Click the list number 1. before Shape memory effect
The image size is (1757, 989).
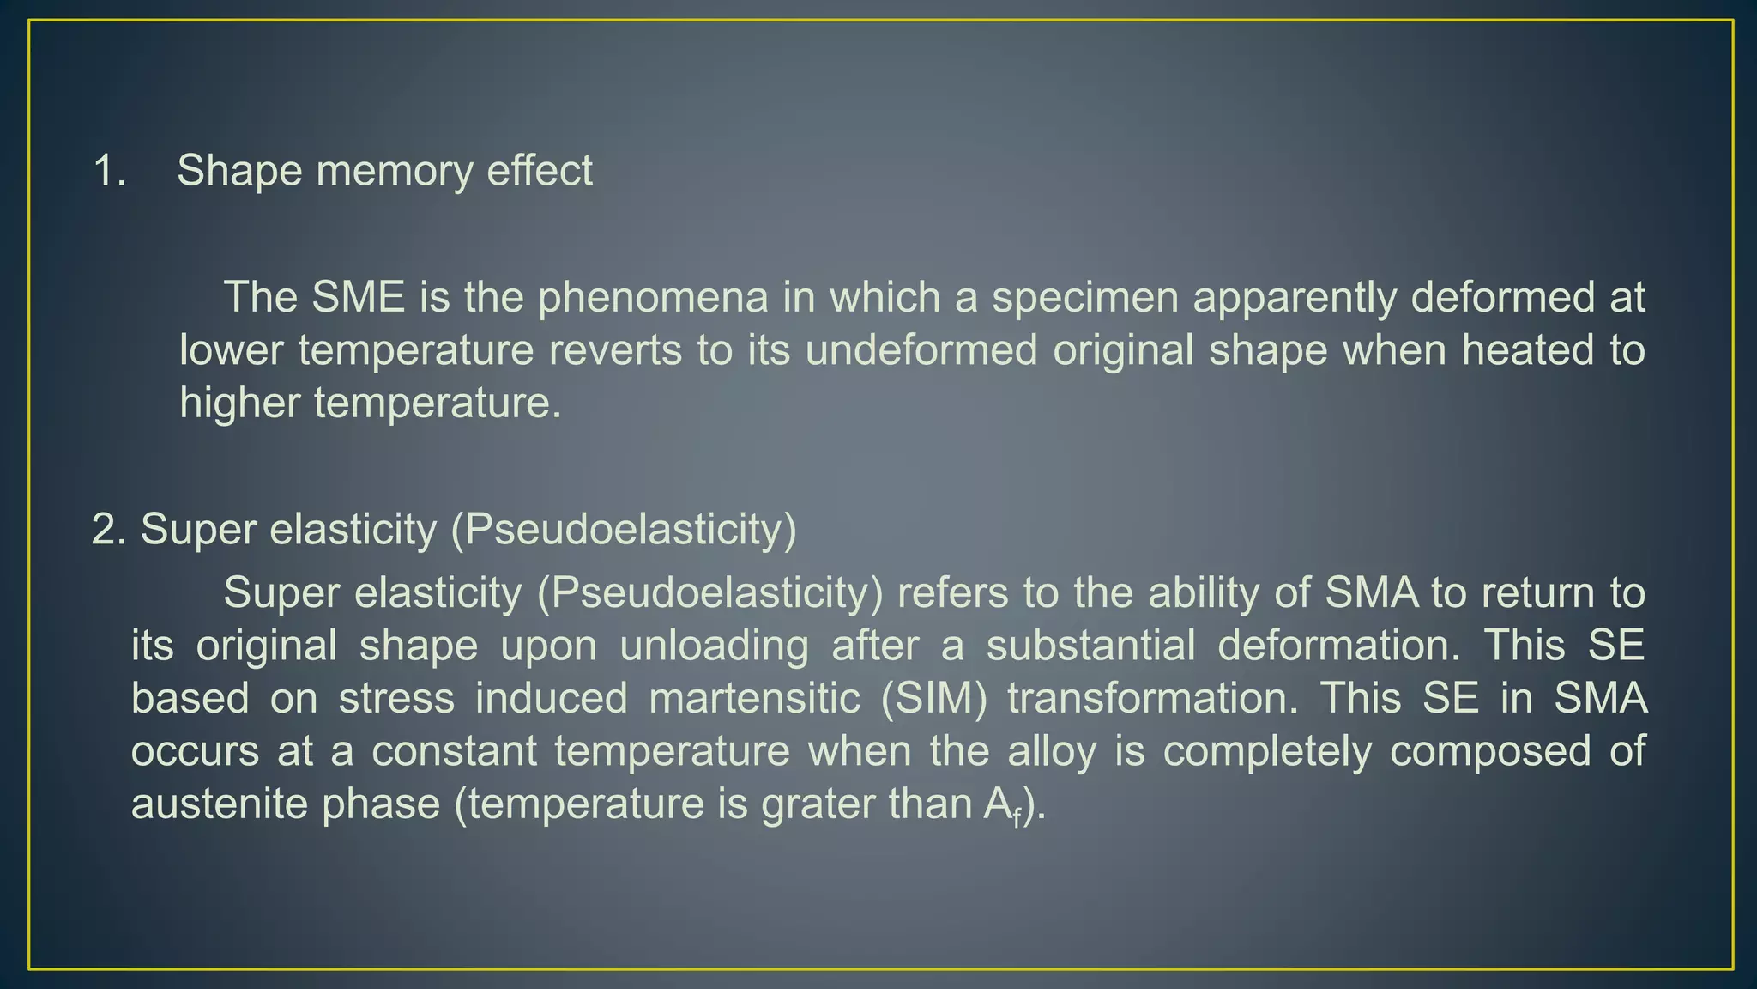tap(110, 171)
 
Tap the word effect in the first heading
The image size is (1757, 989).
tap(540, 171)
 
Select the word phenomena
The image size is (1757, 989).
tap(653, 298)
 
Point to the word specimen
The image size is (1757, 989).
tap(1085, 298)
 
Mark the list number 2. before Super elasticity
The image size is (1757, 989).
tap(109, 530)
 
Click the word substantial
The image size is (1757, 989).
tap(1090, 646)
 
